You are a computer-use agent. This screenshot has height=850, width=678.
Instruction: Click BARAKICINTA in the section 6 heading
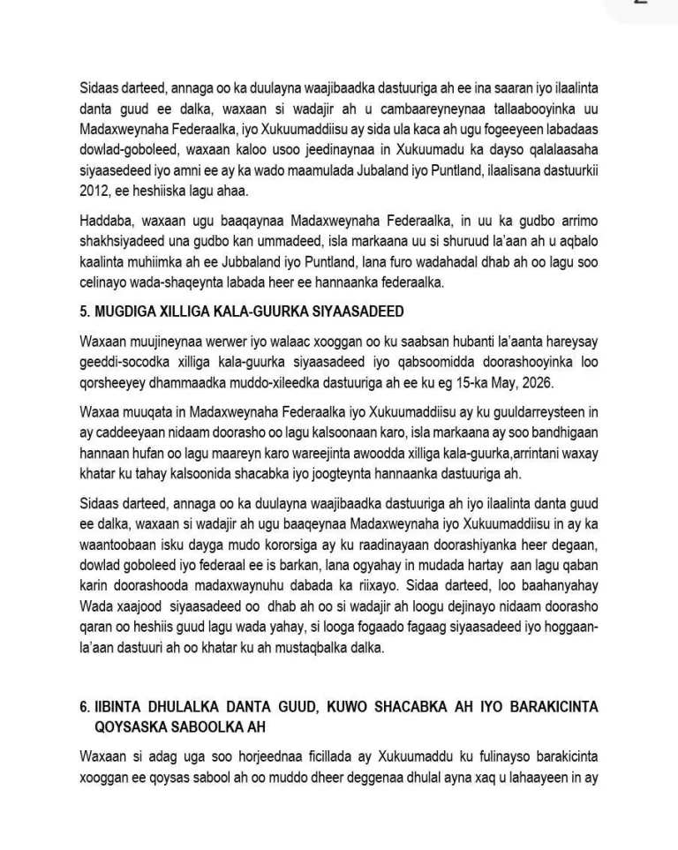coord(555,706)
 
